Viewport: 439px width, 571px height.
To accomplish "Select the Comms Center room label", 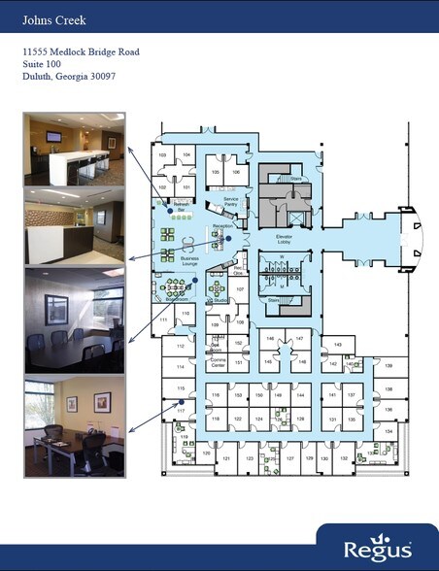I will [218, 364].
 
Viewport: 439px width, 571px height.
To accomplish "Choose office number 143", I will [337, 345].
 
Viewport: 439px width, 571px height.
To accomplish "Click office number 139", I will [388, 366].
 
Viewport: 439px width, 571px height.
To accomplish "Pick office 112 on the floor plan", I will [181, 347].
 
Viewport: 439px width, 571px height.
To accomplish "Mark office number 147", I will [300, 337].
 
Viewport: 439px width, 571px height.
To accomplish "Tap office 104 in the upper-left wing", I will [186, 155].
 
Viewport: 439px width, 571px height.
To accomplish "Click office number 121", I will [226, 457].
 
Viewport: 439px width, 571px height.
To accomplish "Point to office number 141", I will [332, 396].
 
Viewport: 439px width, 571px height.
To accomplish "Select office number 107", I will [239, 289].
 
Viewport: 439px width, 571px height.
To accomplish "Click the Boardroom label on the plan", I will [177, 301].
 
